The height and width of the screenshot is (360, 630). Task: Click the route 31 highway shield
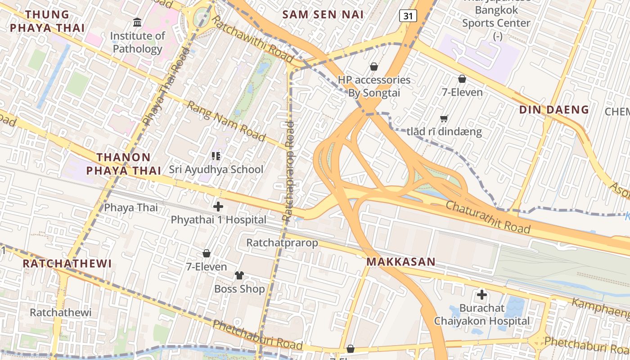[x=408, y=16]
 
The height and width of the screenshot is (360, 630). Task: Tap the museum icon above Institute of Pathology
[x=137, y=22]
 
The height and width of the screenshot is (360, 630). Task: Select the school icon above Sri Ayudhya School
[x=216, y=156]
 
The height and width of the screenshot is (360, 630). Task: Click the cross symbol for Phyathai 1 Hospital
[x=218, y=207]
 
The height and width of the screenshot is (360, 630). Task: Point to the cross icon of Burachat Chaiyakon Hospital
[x=482, y=295]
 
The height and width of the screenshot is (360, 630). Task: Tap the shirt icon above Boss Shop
[x=239, y=275]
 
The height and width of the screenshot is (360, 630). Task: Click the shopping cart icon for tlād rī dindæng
[x=444, y=119]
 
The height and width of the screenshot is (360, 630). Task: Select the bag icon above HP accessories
[x=373, y=67]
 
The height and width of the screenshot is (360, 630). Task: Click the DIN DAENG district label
[x=554, y=109]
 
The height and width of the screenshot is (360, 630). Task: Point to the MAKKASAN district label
[x=401, y=262]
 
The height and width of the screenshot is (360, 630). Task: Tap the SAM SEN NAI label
[x=323, y=14]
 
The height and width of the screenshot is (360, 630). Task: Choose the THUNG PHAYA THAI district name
[x=47, y=21]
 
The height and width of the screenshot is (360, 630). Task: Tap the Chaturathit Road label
[x=488, y=217]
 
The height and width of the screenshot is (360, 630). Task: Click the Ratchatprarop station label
[x=282, y=243]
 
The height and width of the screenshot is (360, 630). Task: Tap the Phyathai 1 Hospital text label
[x=219, y=220]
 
